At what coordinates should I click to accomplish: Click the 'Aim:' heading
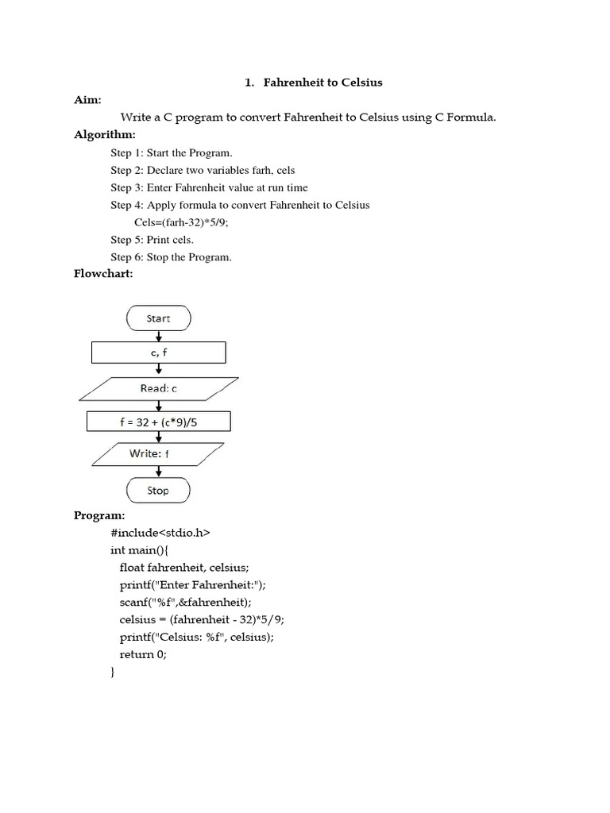(88, 100)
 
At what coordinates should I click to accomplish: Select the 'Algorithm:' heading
(105, 135)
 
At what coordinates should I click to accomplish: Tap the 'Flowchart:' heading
(103, 274)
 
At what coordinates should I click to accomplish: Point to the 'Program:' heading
(100, 515)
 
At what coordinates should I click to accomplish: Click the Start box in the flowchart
(159, 318)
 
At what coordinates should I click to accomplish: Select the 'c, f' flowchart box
(159, 352)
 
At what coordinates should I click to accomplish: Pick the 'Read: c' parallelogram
(159, 388)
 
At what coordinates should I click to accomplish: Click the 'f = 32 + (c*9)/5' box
(159, 422)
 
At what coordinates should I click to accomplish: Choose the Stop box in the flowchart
(158, 490)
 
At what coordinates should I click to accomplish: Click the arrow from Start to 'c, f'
(159, 335)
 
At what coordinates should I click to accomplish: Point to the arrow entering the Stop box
(159, 472)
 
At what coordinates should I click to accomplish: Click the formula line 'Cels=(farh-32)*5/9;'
(187, 222)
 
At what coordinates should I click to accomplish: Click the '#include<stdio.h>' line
(160, 532)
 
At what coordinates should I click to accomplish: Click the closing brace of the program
(113, 672)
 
